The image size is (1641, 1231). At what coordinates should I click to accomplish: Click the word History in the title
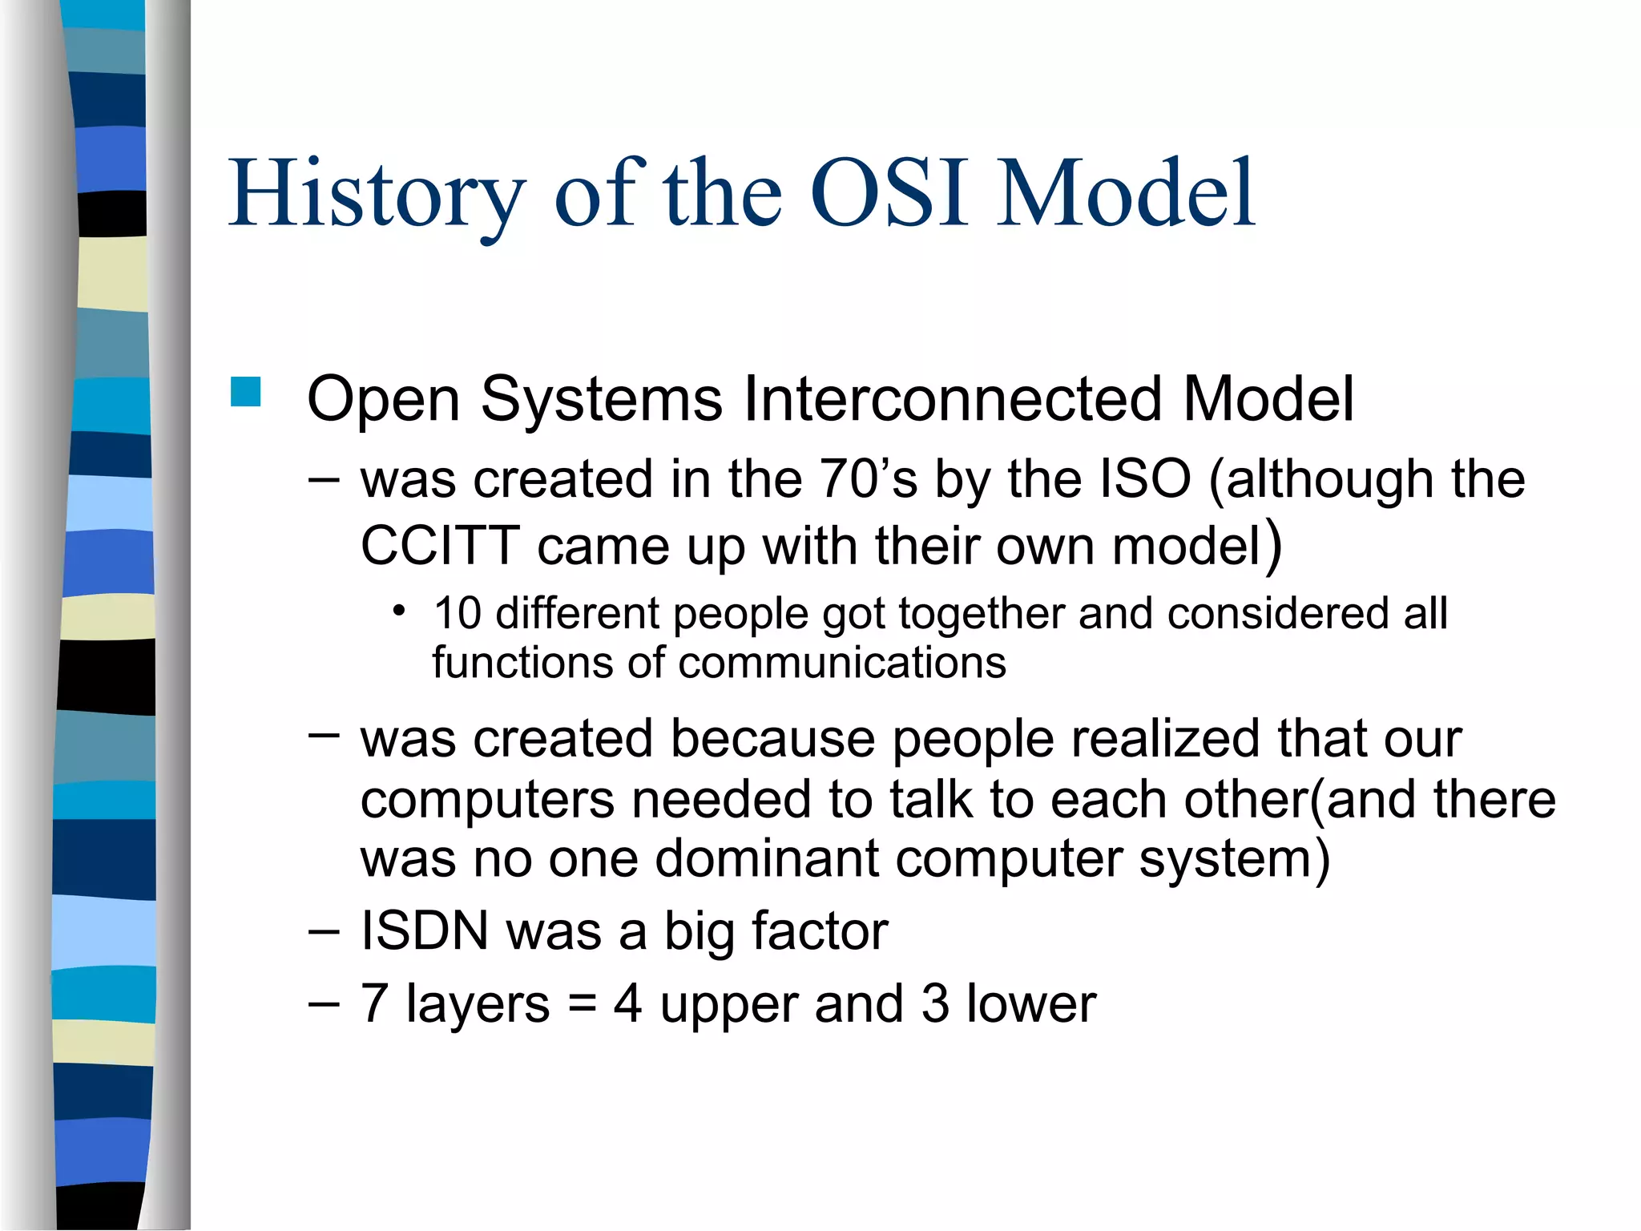[377, 194]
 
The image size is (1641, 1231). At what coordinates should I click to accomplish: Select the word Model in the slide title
[1126, 194]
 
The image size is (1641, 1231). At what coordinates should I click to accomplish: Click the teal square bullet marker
[246, 393]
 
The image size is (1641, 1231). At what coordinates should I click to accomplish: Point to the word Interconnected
[953, 398]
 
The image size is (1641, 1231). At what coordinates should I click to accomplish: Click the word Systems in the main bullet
[601, 398]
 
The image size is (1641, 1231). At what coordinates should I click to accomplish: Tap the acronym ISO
[1145, 479]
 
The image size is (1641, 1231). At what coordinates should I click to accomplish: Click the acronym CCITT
[440, 547]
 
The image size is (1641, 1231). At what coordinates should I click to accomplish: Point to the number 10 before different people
[457, 613]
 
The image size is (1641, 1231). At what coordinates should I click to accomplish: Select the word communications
[841, 664]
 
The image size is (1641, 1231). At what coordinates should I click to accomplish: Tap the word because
[772, 738]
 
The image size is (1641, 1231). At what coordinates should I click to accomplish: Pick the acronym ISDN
[424, 931]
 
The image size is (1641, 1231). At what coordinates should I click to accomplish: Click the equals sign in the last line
[582, 1004]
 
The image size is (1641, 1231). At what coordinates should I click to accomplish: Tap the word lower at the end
[1030, 1004]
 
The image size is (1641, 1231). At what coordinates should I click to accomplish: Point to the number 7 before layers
[374, 1004]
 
